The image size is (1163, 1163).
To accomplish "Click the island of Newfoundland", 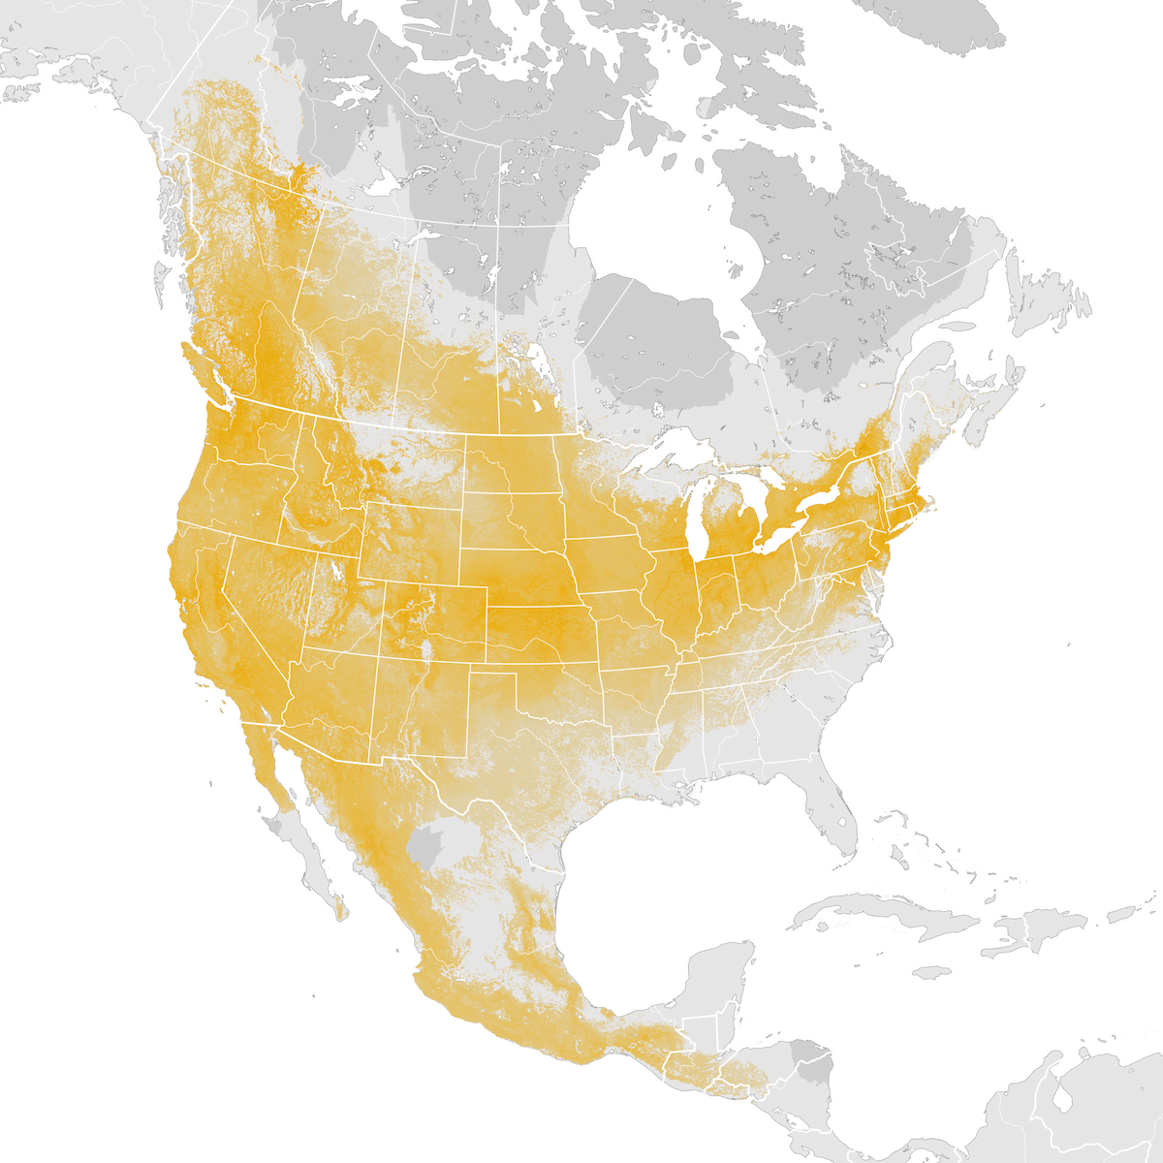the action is [x=1047, y=291].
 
